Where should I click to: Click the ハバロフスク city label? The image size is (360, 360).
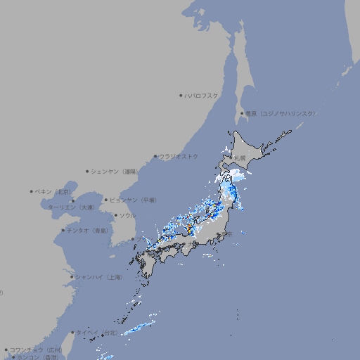coord(202,95)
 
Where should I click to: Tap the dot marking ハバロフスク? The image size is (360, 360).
coord(181,95)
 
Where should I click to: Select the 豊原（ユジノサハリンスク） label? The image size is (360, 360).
coord(280,113)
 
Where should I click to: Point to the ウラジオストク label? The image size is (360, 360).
coord(179,156)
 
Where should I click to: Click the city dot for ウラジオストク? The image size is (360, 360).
coord(156,156)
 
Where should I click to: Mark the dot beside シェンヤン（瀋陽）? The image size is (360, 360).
coord(88,171)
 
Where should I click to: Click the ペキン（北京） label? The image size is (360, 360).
coord(53,191)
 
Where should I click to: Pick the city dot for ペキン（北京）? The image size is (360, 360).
coord(32,191)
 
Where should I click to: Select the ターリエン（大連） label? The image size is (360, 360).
coord(70,207)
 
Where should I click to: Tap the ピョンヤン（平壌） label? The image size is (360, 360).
coord(133,200)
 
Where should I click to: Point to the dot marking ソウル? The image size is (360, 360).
coord(115,216)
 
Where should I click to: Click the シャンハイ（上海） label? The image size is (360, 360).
coord(98,277)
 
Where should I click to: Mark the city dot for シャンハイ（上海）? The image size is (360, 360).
coord(72,277)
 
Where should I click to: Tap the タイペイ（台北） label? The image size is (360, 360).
coord(96,332)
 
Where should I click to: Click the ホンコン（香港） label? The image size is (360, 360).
coord(38,357)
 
